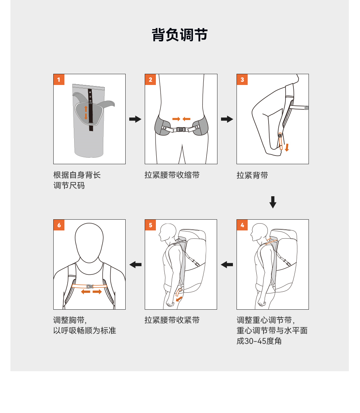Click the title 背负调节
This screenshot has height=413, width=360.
point(180,35)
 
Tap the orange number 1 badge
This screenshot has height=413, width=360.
point(59,80)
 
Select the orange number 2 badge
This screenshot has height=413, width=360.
point(150,80)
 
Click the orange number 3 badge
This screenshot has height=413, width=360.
point(242,80)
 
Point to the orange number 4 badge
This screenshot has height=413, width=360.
point(242,225)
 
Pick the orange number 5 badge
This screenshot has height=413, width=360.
point(150,225)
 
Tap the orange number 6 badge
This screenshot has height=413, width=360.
point(59,225)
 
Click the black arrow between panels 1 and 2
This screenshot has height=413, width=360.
point(135,119)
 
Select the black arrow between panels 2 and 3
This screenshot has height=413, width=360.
point(227,119)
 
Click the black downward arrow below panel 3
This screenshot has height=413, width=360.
point(273,202)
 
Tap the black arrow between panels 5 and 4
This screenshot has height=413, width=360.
point(227,264)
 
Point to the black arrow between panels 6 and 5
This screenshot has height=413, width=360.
point(135,264)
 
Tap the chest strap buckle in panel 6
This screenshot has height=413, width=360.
point(90,286)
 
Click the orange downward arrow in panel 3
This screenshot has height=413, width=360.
point(287,147)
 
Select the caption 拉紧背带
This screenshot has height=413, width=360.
point(252,175)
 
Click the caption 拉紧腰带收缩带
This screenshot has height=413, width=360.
point(172,175)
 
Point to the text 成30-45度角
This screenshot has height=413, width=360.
point(259,341)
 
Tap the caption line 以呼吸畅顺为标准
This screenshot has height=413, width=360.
point(85,331)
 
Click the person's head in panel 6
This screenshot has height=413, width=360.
point(89,242)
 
